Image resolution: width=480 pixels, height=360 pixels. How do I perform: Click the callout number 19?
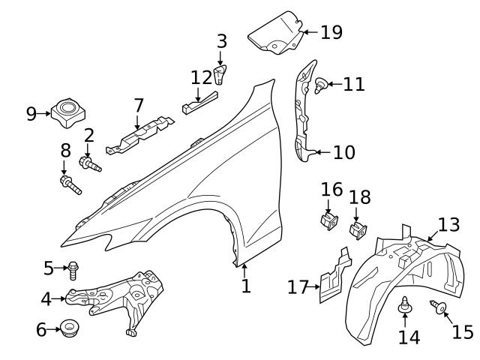click(331, 32)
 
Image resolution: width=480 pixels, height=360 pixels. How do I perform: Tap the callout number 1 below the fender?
click(246, 286)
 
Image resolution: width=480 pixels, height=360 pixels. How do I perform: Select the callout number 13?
click(448, 224)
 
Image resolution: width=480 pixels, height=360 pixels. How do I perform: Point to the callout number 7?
click(139, 106)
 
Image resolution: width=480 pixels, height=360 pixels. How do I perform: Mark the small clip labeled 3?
click(220, 74)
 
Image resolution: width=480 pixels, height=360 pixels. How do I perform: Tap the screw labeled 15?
click(438, 306)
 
